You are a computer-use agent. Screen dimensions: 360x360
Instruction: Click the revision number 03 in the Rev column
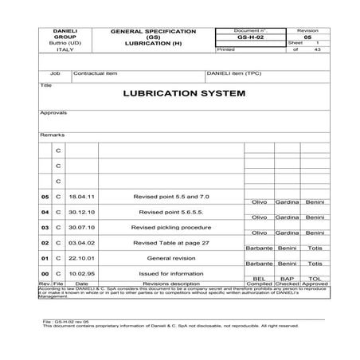(45, 227)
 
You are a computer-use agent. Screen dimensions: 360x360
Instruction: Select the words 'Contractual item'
(96, 72)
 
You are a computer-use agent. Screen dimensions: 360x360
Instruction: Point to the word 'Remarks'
(52, 135)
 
